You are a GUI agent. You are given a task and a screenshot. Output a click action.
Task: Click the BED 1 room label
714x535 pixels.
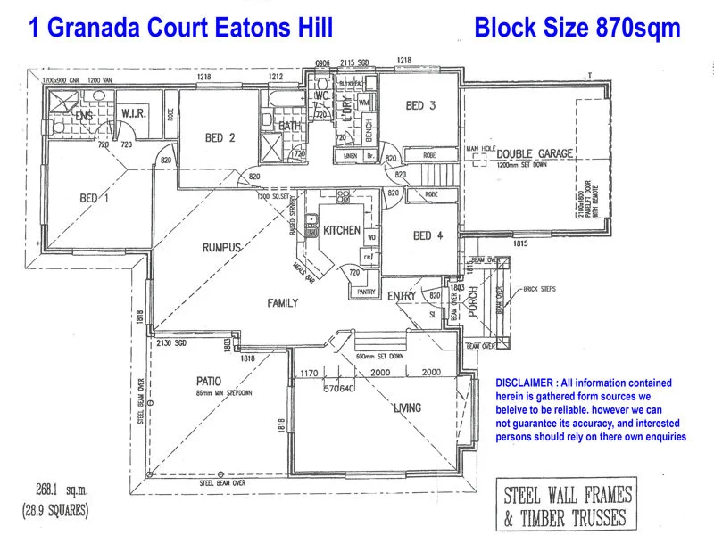[94, 198]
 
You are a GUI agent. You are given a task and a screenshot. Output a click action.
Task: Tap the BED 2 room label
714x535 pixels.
[220, 138]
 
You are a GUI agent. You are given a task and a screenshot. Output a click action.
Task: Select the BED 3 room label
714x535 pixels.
[420, 106]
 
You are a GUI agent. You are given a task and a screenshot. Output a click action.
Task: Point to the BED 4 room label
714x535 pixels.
[428, 236]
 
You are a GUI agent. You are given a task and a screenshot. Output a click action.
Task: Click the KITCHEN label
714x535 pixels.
[342, 230]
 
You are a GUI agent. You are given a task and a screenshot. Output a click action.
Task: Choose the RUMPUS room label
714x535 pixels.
[222, 247]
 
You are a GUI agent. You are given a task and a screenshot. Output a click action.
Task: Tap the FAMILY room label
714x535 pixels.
[283, 303]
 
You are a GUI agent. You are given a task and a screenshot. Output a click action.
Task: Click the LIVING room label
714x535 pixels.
[408, 408]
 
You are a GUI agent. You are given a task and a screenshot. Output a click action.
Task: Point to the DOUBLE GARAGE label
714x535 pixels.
[527, 154]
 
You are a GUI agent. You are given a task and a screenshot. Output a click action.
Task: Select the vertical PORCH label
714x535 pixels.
[474, 302]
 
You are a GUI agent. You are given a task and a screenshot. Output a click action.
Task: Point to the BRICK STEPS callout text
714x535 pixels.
[542, 290]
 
